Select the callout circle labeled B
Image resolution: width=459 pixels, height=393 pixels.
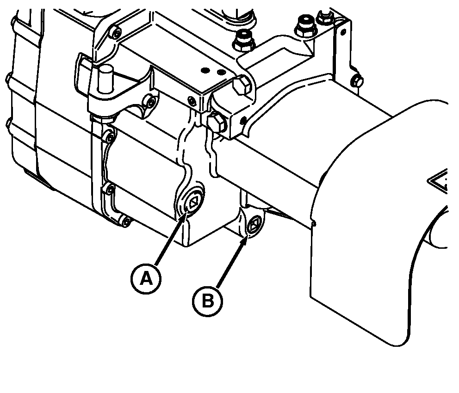coord(208,301)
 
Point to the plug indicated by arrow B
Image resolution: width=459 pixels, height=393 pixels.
coord(253,225)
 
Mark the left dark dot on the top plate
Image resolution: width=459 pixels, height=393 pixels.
coord(205,70)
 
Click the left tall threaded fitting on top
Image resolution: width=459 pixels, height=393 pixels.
coord(242,40)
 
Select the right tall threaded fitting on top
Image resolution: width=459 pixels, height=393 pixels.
coord(305,26)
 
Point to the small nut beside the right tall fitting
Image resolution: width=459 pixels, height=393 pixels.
coord(325,17)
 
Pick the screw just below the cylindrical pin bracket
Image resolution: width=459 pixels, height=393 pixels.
coord(151,102)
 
